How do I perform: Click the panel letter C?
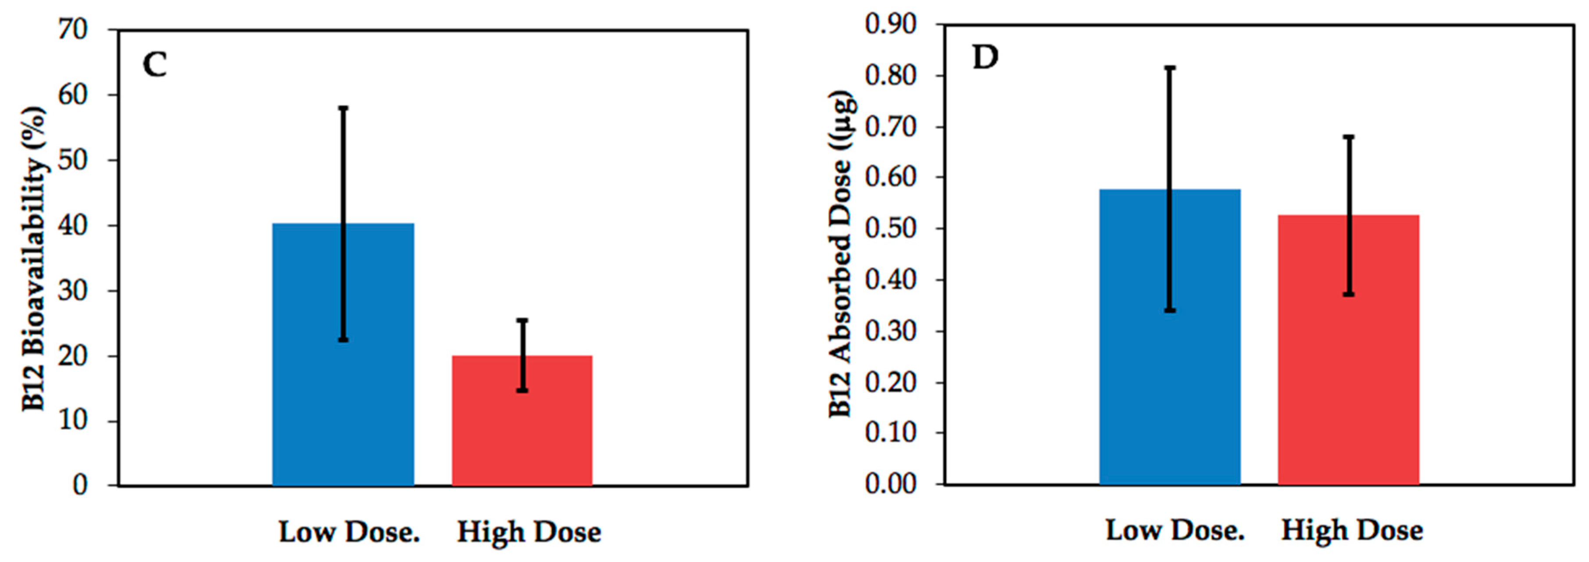(x=154, y=65)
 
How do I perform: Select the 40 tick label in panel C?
(x=73, y=225)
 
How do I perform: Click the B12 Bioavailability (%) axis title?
(x=34, y=259)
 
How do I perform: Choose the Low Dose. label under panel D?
(x=1175, y=530)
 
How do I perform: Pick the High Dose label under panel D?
(x=1352, y=530)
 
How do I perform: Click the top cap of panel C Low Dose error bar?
(x=343, y=108)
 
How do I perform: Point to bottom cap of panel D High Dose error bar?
(x=1348, y=294)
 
